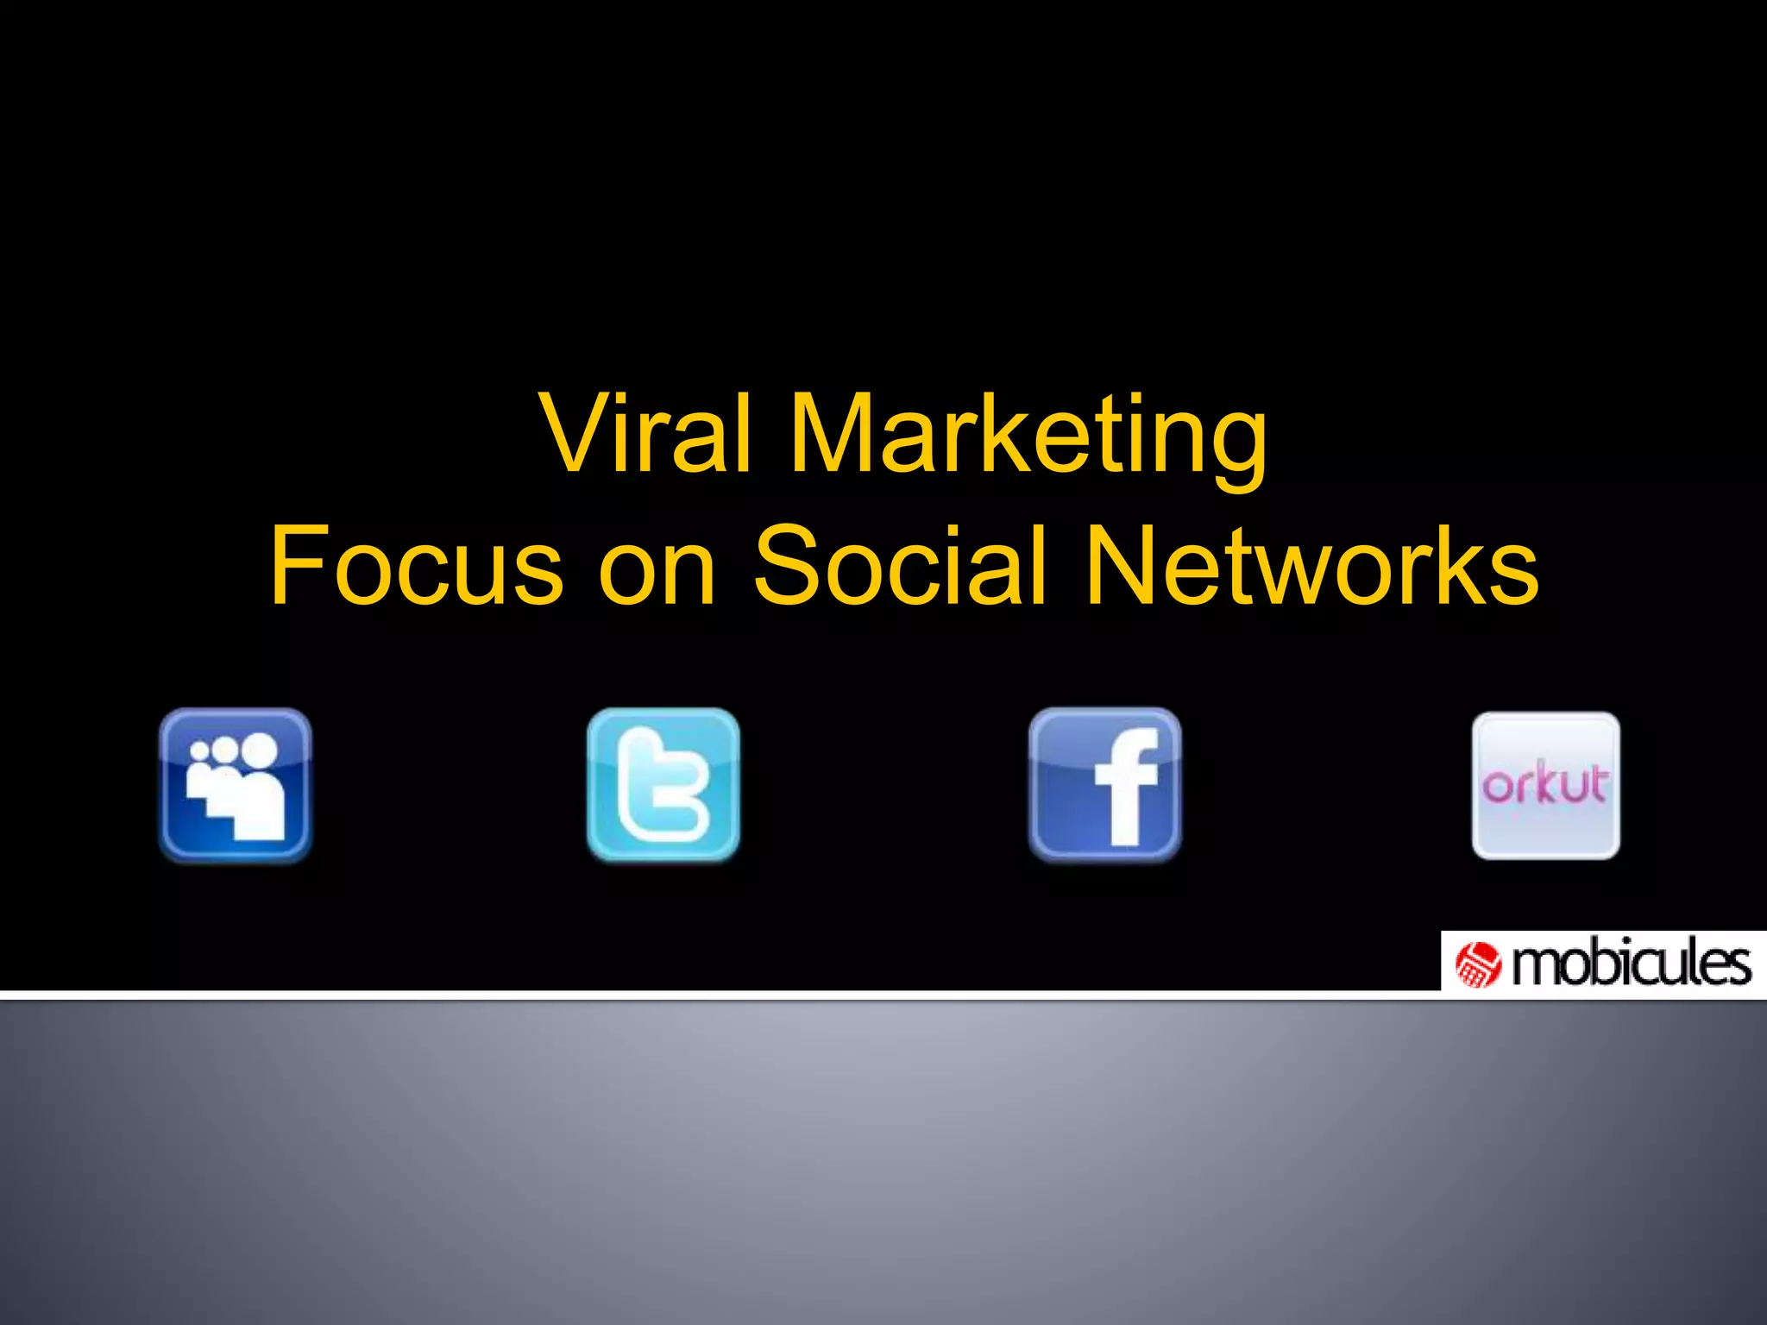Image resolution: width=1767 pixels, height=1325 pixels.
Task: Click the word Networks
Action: [1311, 566]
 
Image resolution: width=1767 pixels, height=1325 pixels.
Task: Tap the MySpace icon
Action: [236, 785]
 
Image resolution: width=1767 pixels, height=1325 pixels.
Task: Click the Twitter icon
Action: [663, 785]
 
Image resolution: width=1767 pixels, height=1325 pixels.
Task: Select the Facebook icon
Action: [1105, 785]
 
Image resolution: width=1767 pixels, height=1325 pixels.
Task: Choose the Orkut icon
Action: [1545, 785]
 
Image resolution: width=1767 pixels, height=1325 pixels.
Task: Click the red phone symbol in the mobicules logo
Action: [1478, 964]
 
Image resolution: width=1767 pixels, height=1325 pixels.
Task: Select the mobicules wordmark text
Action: [1632, 964]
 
